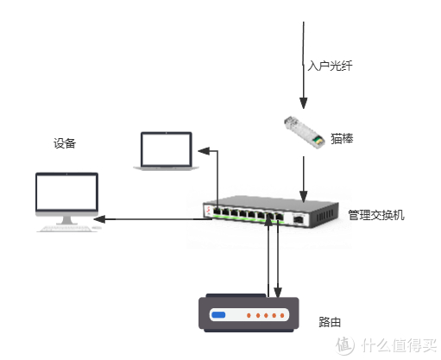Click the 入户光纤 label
[331, 66]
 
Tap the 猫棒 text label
[342, 138]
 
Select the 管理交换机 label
[375, 215]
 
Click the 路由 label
[330, 323]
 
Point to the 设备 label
[65, 143]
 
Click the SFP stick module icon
[304, 129]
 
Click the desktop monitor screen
[66, 194]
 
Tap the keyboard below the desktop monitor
[67, 231]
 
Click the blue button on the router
[219, 315]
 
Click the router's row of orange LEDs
[263, 316]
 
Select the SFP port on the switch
[299, 218]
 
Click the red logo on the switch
[207, 211]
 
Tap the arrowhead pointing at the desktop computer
[100, 218]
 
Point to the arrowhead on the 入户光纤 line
[303, 100]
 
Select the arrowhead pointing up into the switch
[269, 222]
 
